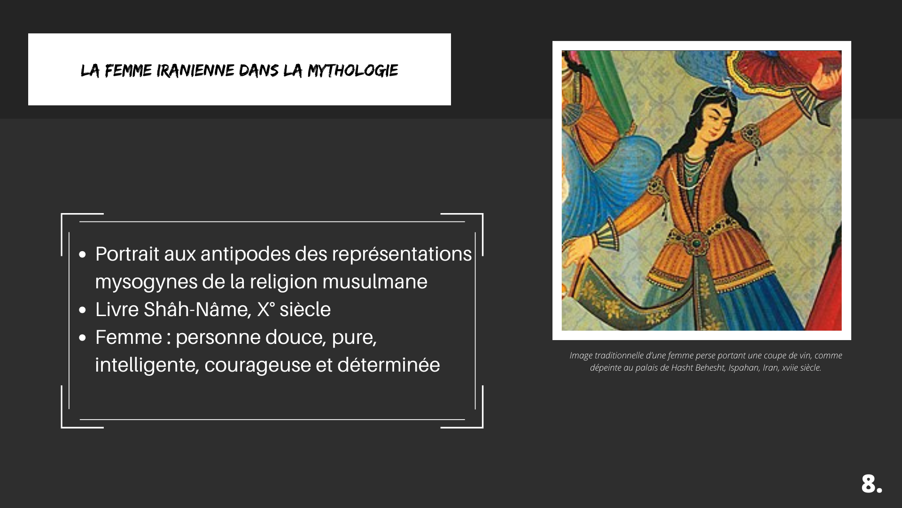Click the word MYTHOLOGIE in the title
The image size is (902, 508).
coord(353,71)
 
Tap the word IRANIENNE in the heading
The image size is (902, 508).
coord(195,71)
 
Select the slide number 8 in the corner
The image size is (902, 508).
coord(871,484)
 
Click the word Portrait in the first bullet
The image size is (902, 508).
coord(127,254)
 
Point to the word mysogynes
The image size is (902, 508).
coord(146,282)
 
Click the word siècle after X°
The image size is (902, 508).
coord(305,310)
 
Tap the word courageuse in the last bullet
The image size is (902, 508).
coord(257,365)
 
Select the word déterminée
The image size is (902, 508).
coord(389,365)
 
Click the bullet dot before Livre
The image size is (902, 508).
coord(83,310)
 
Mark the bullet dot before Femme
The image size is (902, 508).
coord(83,338)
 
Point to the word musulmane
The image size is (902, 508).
coord(375,282)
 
